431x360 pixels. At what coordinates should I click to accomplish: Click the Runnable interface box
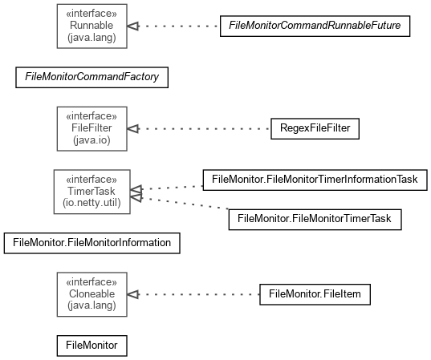(91, 26)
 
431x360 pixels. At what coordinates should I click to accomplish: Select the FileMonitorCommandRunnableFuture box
(315, 26)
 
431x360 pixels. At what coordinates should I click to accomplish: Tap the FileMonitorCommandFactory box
(91, 78)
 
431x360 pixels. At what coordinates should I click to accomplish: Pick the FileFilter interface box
(91, 129)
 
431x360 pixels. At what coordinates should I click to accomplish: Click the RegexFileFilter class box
(315, 129)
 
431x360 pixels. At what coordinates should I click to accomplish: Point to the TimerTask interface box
(91, 192)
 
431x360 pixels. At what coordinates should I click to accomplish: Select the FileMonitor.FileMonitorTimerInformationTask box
(315, 180)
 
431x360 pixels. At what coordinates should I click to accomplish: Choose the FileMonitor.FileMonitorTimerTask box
(315, 220)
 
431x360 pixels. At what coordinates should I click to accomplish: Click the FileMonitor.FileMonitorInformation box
(91, 243)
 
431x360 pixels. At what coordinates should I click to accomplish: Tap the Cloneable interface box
(91, 294)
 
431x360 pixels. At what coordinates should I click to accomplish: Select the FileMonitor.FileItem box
(315, 294)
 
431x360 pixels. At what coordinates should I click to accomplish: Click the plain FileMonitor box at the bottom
(91, 346)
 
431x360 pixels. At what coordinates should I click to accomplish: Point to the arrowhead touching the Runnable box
(133, 26)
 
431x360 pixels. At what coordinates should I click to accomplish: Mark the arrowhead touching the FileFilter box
(133, 129)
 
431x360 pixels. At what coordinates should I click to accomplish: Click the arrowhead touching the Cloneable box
(133, 294)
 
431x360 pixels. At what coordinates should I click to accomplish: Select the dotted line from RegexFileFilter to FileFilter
(205, 129)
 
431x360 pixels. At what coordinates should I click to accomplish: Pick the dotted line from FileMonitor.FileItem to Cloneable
(199, 294)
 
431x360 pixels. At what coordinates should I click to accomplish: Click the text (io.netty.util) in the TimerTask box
(91, 203)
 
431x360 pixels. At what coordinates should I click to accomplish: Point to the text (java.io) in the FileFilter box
(91, 140)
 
